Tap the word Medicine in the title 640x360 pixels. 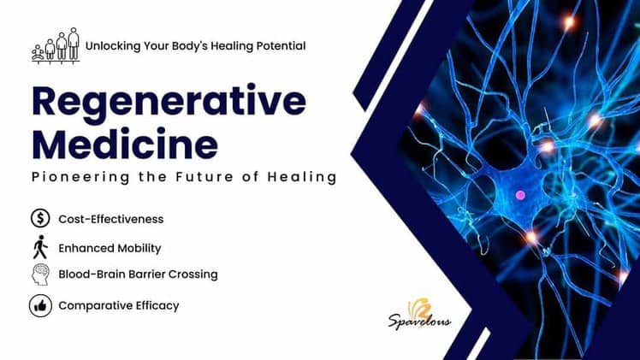pyautogui.click(x=124, y=143)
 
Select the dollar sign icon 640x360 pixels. pyautogui.click(x=40, y=219)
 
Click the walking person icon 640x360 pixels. pyautogui.click(x=40, y=248)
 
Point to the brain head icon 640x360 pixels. pyautogui.click(x=40, y=274)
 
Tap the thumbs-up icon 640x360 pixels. pyautogui.click(x=40, y=305)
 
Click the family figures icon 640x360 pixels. pyautogui.click(x=56, y=44)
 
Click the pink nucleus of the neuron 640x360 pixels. pyautogui.click(x=519, y=195)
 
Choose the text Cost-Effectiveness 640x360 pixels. pyautogui.click(x=110, y=219)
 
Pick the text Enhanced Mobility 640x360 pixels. pyautogui.click(x=110, y=248)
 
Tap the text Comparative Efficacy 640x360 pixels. pyautogui.click(x=118, y=305)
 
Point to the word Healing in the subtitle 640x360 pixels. pyautogui.click(x=301, y=178)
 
